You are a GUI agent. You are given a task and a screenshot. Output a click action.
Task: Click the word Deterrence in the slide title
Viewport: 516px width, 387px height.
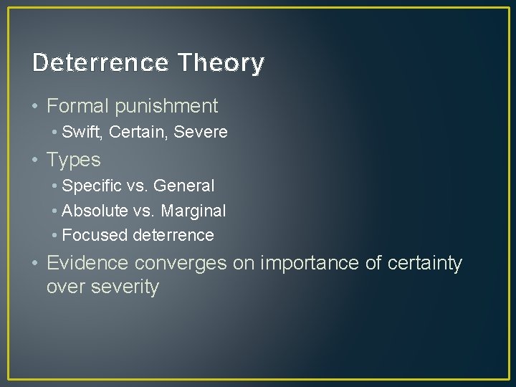click(x=100, y=63)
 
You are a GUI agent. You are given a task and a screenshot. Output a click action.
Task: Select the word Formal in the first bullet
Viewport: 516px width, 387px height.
click(x=76, y=106)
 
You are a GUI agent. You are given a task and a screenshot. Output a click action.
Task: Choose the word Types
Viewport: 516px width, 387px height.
click(x=73, y=160)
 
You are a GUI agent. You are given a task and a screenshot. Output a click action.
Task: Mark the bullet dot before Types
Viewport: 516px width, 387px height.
click(x=36, y=159)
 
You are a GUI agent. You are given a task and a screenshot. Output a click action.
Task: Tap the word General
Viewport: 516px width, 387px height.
click(x=183, y=186)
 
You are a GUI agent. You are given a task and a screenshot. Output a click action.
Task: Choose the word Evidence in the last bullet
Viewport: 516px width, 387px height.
click(x=87, y=263)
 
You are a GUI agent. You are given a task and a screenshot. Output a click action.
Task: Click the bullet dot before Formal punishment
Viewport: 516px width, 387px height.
click(x=36, y=106)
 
